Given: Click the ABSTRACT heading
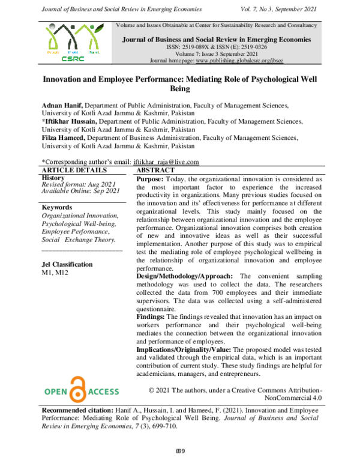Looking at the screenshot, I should pyautogui.click(x=158, y=170).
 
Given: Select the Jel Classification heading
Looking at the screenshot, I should pyautogui.click(x=67, y=264).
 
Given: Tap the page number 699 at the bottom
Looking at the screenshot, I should pyautogui.click(x=179, y=452).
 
